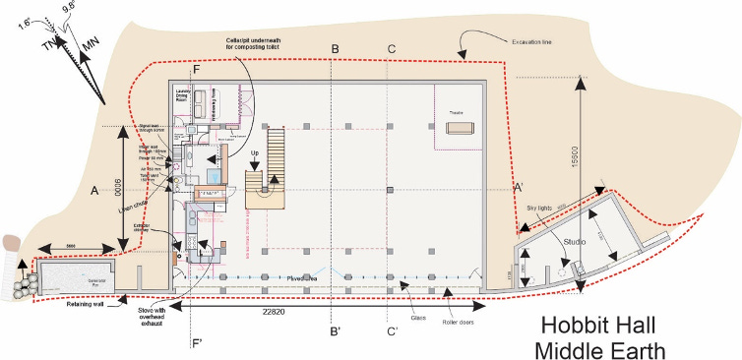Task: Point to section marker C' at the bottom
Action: [393, 331]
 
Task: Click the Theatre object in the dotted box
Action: [463, 128]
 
